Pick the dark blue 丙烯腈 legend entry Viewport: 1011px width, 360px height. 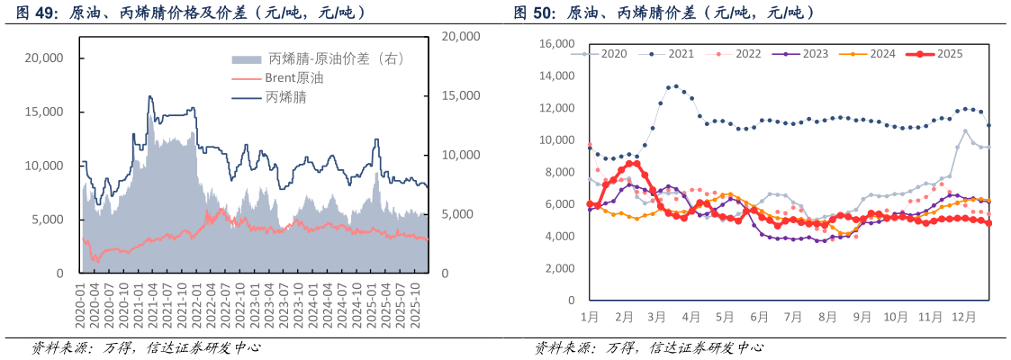(x=285, y=97)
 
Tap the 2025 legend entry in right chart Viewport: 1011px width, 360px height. (x=949, y=54)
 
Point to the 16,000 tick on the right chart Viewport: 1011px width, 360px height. (x=555, y=43)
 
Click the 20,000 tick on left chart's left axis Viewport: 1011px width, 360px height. (x=43, y=58)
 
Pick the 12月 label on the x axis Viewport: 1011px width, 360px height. (x=965, y=318)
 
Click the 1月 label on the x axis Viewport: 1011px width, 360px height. (x=590, y=318)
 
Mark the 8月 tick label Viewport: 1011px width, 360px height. (x=828, y=318)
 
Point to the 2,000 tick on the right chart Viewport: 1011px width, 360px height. (x=559, y=268)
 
